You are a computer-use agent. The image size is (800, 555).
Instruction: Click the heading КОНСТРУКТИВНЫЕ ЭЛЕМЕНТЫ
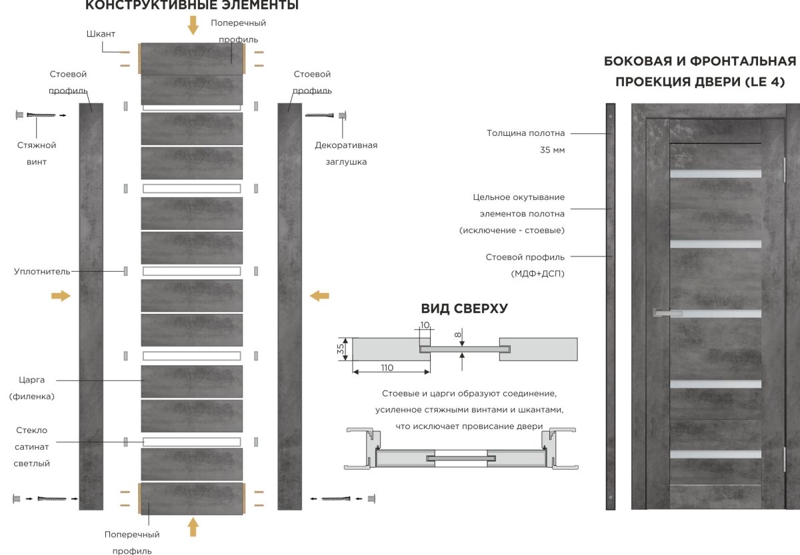(x=192, y=6)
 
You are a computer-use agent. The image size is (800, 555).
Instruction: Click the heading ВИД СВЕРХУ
(x=465, y=309)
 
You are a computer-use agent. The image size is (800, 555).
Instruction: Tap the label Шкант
(x=101, y=34)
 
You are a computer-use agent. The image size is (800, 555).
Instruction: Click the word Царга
(x=32, y=380)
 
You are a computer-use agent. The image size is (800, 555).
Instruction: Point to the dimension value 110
(x=387, y=368)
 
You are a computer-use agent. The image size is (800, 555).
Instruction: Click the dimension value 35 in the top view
(x=341, y=348)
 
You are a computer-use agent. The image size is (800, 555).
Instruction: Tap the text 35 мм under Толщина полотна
(x=552, y=150)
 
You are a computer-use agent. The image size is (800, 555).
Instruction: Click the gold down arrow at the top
(x=193, y=25)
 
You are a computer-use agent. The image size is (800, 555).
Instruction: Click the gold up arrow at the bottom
(x=193, y=526)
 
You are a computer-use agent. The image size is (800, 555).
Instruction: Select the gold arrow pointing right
(x=61, y=296)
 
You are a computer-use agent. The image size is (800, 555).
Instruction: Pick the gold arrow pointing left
(x=320, y=295)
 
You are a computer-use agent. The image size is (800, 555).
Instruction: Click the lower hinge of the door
(x=783, y=459)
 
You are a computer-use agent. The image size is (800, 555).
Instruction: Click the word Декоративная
(x=346, y=145)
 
